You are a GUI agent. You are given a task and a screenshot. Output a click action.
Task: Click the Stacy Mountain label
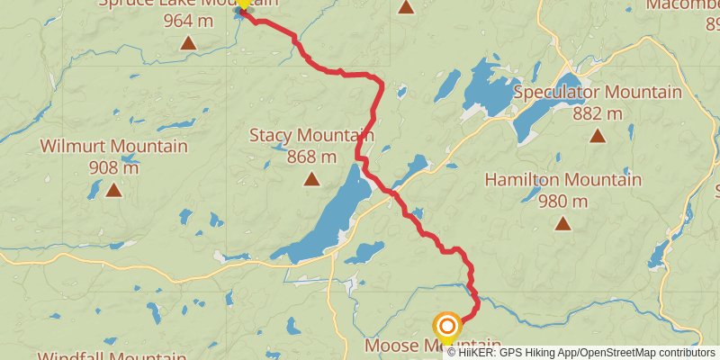pyautogui.click(x=310, y=136)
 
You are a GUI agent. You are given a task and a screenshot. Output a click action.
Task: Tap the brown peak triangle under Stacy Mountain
pyautogui.click(x=311, y=179)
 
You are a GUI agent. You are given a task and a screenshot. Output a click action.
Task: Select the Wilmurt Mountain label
pyautogui.click(x=113, y=146)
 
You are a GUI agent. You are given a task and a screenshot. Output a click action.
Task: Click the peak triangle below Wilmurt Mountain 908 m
pyautogui.click(x=113, y=189)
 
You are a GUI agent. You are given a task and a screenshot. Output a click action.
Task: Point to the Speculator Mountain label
pyautogui.click(x=597, y=92)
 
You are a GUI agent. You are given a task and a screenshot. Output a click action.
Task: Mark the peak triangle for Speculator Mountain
pyautogui.click(x=597, y=136)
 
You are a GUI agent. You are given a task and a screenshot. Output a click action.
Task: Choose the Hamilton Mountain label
pyautogui.click(x=562, y=179)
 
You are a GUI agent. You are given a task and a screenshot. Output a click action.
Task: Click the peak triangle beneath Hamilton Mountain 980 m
pyautogui.click(x=562, y=222)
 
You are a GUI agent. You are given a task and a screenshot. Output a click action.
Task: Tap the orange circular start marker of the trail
pyautogui.click(x=447, y=327)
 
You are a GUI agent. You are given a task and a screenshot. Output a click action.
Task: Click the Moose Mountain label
pyautogui.click(x=432, y=346)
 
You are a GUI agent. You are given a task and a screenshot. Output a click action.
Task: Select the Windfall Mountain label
pyautogui.click(x=112, y=356)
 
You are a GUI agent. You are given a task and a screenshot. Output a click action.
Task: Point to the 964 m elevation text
pyautogui.click(x=188, y=19)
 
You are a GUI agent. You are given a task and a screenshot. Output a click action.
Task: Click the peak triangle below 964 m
pyautogui.click(x=188, y=42)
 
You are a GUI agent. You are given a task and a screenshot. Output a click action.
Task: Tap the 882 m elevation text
pyautogui.click(x=597, y=113)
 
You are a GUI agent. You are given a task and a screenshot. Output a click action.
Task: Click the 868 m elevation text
pyautogui.click(x=310, y=157)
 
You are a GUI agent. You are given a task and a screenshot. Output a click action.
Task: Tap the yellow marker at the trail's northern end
pyautogui.click(x=243, y=4)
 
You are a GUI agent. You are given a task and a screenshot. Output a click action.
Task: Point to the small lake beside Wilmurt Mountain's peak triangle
pyautogui.click(x=94, y=189)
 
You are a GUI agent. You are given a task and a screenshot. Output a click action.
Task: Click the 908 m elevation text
pyautogui.click(x=113, y=167)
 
